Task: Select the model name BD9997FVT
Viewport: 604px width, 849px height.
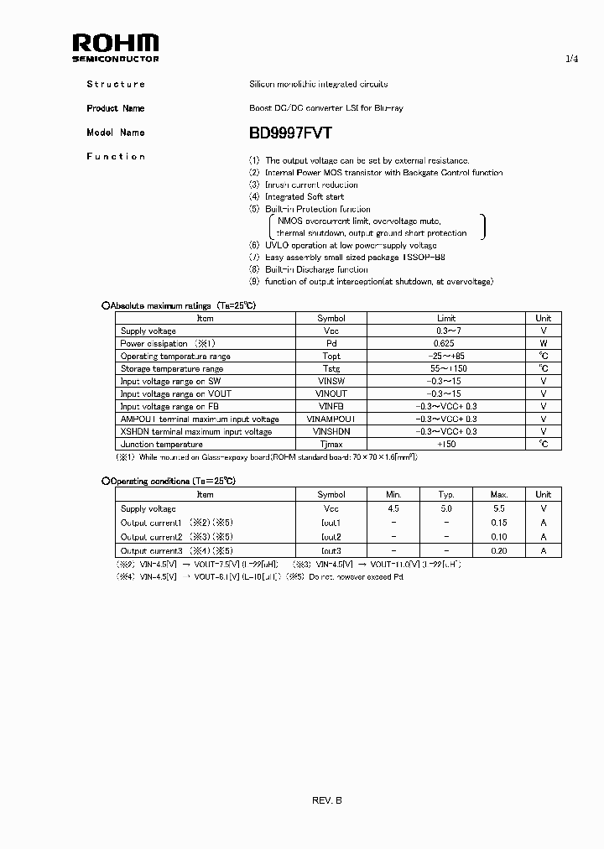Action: pos(290,133)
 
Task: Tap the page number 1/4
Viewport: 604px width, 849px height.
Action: pos(571,60)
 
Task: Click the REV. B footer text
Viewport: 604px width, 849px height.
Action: pos(326,800)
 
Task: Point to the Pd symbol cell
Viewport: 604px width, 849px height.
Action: pos(331,344)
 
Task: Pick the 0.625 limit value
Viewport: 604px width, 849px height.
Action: pos(445,344)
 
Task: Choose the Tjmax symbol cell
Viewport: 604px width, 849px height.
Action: pos(331,445)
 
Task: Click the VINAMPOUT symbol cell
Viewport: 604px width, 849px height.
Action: pos(331,419)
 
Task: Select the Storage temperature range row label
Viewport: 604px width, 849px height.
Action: pos(172,369)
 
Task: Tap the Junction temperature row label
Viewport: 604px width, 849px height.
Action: pos(162,445)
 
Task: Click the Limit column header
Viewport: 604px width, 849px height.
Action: pos(446,319)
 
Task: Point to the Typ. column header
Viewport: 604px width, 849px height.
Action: pos(446,495)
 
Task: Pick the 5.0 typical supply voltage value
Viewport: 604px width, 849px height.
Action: pos(446,508)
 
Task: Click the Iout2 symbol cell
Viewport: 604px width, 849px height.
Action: pos(331,537)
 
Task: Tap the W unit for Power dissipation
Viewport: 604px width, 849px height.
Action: pos(544,344)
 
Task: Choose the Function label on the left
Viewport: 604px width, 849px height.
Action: pos(116,157)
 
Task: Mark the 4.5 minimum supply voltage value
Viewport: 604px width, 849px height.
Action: pos(393,508)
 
